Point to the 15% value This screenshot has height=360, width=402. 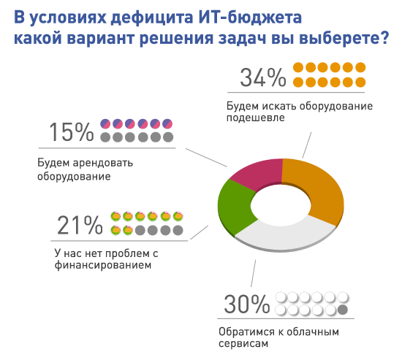[x=72, y=131]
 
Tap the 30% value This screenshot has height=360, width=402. [x=243, y=304]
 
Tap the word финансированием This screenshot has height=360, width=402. [x=102, y=267]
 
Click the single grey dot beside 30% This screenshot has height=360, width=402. [x=342, y=311]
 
